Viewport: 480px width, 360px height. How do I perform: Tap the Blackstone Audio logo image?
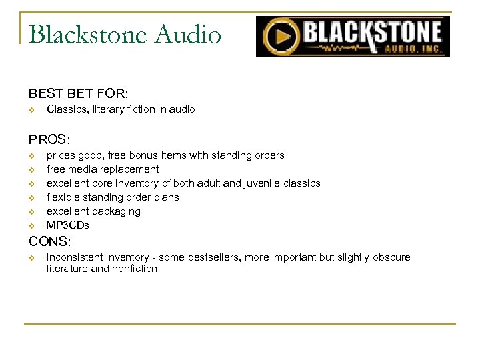353,37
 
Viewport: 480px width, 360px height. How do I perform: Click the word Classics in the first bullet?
66,109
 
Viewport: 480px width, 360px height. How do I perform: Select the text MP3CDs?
67,225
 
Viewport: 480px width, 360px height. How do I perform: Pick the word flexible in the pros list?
64,197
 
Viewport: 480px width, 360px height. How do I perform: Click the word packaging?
117,211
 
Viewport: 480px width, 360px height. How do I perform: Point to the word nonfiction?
136,269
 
